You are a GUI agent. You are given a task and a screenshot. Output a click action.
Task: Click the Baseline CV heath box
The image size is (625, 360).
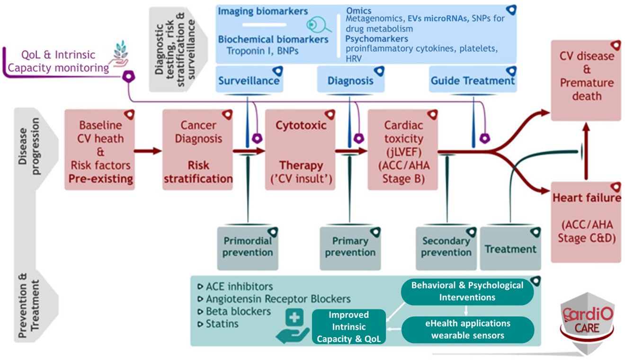pyautogui.click(x=99, y=150)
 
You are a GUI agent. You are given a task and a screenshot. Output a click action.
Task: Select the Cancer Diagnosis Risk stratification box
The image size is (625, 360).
pyautogui.click(x=197, y=150)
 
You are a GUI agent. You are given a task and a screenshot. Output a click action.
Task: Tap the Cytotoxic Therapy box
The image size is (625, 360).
pyautogui.click(x=300, y=150)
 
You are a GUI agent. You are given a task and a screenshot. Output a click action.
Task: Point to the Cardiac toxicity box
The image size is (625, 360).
pyautogui.click(x=402, y=150)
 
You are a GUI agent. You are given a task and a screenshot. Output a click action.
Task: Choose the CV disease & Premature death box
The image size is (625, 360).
pyautogui.click(x=586, y=76)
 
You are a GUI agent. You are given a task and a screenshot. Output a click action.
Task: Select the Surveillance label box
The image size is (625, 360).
pyautogui.click(x=249, y=80)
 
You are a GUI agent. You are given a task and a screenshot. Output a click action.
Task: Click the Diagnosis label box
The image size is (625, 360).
pyautogui.click(x=350, y=80)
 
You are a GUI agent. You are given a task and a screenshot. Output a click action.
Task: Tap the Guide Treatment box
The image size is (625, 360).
pyautogui.click(x=472, y=80)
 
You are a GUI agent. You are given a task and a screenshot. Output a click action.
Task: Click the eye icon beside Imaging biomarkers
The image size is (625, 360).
pyautogui.click(x=314, y=24)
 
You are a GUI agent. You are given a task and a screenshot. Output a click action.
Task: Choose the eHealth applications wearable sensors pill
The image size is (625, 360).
pyautogui.click(x=467, y=329)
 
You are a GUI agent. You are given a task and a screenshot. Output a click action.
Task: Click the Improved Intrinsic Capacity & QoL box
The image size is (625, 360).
pyautogui.click(x=349, y=327)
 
